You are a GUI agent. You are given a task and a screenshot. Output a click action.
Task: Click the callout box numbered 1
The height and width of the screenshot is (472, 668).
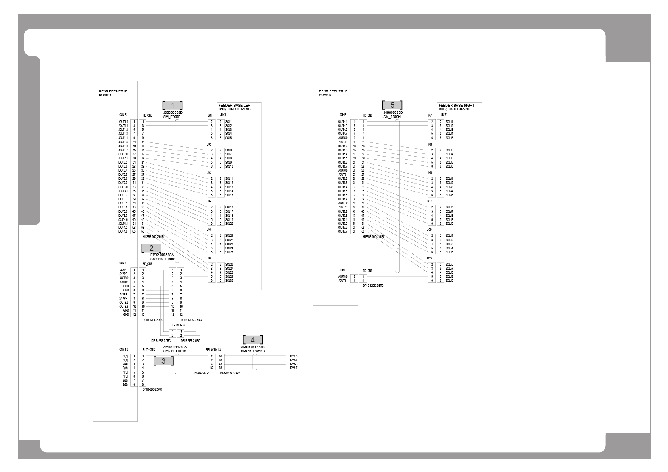(173, 106)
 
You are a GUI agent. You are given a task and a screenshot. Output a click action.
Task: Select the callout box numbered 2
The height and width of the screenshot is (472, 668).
(152, 248)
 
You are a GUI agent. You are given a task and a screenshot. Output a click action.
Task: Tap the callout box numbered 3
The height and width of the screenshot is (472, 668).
(163, 361)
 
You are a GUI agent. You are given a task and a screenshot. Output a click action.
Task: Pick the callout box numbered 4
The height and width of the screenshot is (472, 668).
(253, 340)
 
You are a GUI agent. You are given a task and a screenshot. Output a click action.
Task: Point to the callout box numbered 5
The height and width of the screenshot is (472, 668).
(392, 105)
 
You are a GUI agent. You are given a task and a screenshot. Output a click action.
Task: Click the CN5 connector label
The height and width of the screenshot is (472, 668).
(123, 115)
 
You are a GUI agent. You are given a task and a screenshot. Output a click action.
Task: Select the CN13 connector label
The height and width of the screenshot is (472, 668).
(124, 349)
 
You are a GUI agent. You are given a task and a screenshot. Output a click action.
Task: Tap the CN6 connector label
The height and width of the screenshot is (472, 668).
(343, 115)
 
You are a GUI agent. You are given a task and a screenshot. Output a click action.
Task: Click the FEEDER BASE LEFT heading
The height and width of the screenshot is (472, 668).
(235, 106)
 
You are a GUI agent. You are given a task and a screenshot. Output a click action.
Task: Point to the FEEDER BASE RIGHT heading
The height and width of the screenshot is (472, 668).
(457, 106)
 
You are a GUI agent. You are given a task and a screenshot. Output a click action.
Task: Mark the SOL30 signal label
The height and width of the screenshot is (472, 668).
(229, 281)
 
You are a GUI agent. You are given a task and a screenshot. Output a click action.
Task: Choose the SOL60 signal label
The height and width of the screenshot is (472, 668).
(449, 281)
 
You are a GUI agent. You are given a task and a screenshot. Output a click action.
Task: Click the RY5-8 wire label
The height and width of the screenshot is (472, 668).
(294, 356)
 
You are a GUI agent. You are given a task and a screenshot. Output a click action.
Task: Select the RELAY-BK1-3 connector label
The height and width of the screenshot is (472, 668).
(213, 349)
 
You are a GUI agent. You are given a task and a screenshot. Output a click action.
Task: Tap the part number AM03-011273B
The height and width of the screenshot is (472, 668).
(252, 347)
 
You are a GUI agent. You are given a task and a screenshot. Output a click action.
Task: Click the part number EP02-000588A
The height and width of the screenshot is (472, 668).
(162, 255)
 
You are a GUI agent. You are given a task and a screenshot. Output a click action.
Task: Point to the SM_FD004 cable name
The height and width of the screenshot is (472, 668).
(392, 117)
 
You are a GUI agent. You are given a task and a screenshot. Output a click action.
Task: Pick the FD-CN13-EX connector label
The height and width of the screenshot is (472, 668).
(178, 325)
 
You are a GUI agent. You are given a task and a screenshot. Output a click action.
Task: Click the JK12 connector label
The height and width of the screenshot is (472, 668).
(429, 258)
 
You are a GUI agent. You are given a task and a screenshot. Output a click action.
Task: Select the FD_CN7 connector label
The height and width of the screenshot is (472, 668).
(147, 264)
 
